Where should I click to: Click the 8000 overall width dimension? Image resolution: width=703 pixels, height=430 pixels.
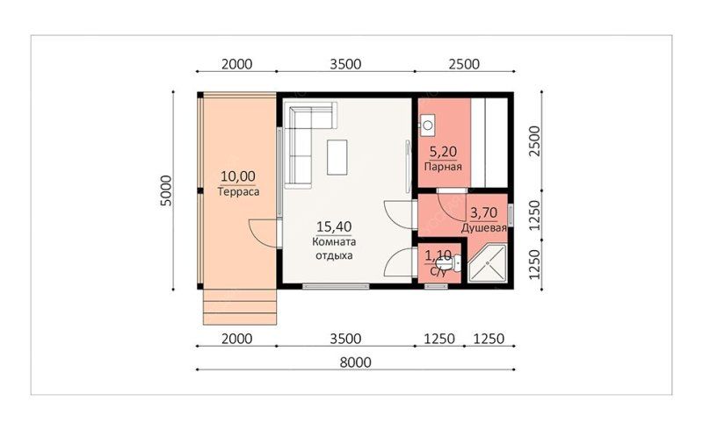click(355, 362)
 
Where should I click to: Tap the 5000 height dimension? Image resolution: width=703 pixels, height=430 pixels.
click(166, 190)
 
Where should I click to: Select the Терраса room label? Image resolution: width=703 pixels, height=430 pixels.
click(238, 191)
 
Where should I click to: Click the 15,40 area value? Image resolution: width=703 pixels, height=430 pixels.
click(334, 226)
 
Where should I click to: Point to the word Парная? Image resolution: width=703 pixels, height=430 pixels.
click(443, 167)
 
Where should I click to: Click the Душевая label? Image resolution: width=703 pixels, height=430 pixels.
click(484, 228)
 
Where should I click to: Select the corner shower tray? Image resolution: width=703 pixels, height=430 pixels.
click(488, 263)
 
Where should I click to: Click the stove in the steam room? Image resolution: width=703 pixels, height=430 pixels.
click(427, 124)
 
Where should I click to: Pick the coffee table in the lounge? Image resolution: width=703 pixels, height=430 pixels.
click(337, 157)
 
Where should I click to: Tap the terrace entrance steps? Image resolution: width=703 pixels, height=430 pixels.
click(239, 307)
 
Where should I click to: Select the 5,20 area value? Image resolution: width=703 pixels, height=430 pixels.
click(443, 152)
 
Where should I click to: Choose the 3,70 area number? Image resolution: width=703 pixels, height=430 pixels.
click(484, 211)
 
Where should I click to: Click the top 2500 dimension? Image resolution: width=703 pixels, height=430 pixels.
click(464, 64)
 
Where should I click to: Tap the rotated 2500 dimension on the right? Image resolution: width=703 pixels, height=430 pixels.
click(535, 141)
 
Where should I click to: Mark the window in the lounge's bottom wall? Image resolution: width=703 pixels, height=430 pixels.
click(336, 286)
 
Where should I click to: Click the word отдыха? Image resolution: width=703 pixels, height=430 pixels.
click(334, 255)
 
